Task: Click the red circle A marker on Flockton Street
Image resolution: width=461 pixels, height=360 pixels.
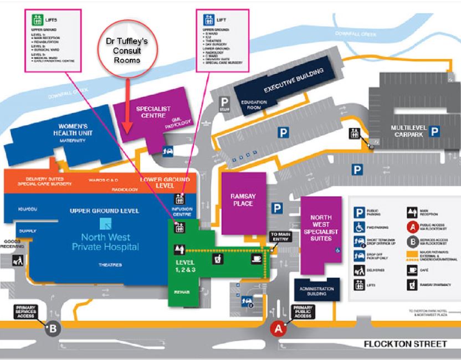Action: coord(278,328)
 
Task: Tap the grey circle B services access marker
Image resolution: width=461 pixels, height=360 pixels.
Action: coord(53,327)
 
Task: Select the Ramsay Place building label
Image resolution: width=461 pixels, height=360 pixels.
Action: coord(242,200)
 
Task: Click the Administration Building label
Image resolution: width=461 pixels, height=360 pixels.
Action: coord(316,292)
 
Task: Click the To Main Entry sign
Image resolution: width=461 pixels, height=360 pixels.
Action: coord(279,236)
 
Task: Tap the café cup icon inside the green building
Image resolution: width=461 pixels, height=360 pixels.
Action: coord(256,259)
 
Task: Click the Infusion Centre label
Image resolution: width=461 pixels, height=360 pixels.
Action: coord(182,212)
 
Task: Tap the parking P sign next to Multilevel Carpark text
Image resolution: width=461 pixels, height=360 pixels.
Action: coord(436,131)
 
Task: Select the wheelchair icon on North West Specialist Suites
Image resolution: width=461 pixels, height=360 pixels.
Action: coord(337,250)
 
